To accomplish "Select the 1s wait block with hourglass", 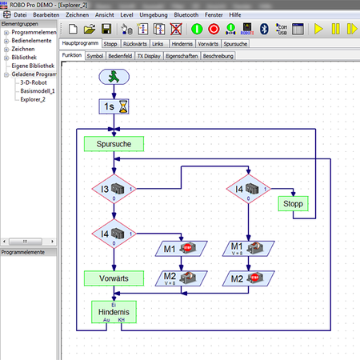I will [x=114, y=106].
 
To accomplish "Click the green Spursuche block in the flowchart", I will [x=114, y=144].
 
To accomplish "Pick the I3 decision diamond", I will [x=114, y=190].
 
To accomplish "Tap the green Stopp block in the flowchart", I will [x=294, y=203].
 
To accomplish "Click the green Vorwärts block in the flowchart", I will [x=114, y=278].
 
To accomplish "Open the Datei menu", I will [x=21, y=15].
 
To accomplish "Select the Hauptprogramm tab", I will [x=82, y=45].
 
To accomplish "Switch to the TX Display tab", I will [x=147, y=57].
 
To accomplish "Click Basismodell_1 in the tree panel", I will [x=36, y=91].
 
